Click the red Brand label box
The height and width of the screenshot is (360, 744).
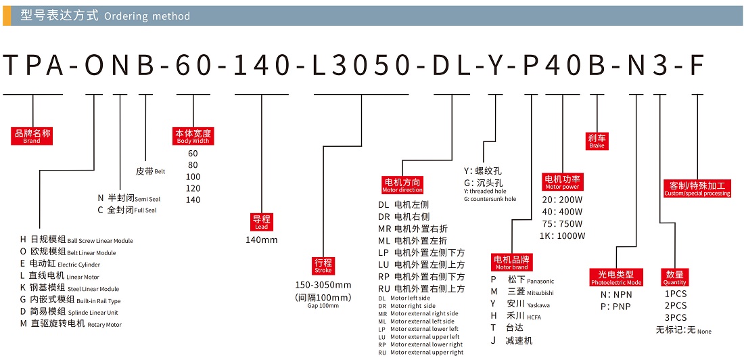[32, 136]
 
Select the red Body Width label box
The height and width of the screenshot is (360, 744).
[193, 136]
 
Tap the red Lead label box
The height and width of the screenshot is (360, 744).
[261, 222]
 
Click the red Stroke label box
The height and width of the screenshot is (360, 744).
[323, 265]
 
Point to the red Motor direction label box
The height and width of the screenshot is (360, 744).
[402, 185]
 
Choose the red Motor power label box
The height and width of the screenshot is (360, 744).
[562, 182]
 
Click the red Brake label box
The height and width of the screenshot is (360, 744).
[597, 141]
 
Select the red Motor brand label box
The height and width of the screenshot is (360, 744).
[511, 263]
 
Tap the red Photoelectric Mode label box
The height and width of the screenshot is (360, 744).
[616, 277]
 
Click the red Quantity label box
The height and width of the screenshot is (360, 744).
[675, 277]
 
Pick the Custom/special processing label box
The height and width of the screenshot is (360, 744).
[697, 188]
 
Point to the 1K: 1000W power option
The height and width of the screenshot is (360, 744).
[563, 236]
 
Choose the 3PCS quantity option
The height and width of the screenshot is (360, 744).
[675, 318]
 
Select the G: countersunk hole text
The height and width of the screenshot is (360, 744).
[490, 199]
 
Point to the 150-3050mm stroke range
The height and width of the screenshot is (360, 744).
[323, 285]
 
